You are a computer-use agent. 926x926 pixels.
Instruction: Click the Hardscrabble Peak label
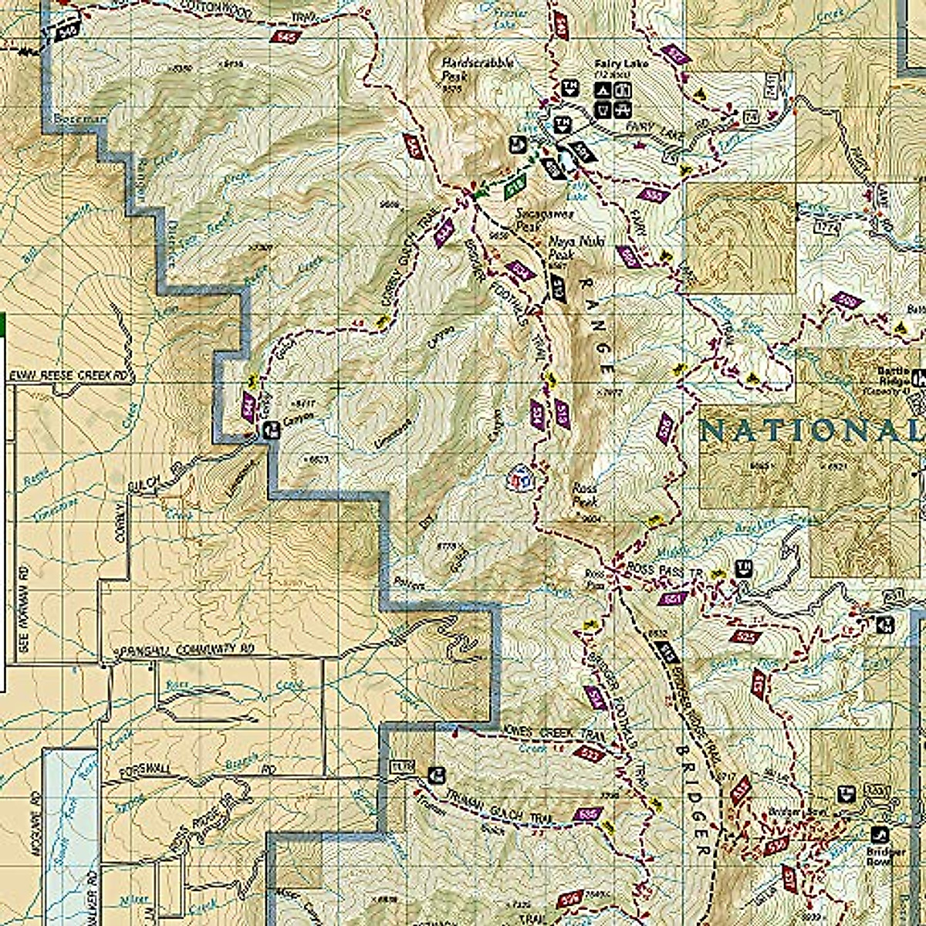pos(476,70)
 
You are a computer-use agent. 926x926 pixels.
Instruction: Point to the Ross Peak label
pos(584,495)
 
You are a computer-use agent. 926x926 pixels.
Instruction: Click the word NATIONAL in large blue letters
pos(810,431)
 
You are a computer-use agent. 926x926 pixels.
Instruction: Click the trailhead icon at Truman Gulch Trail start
pos(437,773)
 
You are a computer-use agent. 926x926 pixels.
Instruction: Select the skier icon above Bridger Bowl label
pos(877,834)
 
